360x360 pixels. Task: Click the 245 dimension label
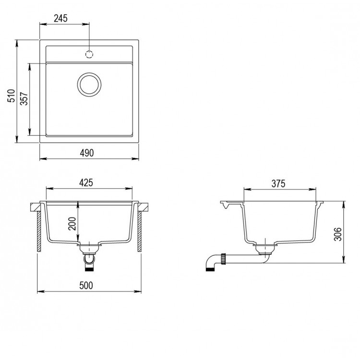coord(60,18)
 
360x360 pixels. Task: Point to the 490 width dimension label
coord(86,152)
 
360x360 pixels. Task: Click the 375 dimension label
coord(278,183)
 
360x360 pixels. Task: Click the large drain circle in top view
coord(89,85)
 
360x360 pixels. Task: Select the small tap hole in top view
coord(89,54)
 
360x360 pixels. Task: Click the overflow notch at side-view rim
coord(226,207)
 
